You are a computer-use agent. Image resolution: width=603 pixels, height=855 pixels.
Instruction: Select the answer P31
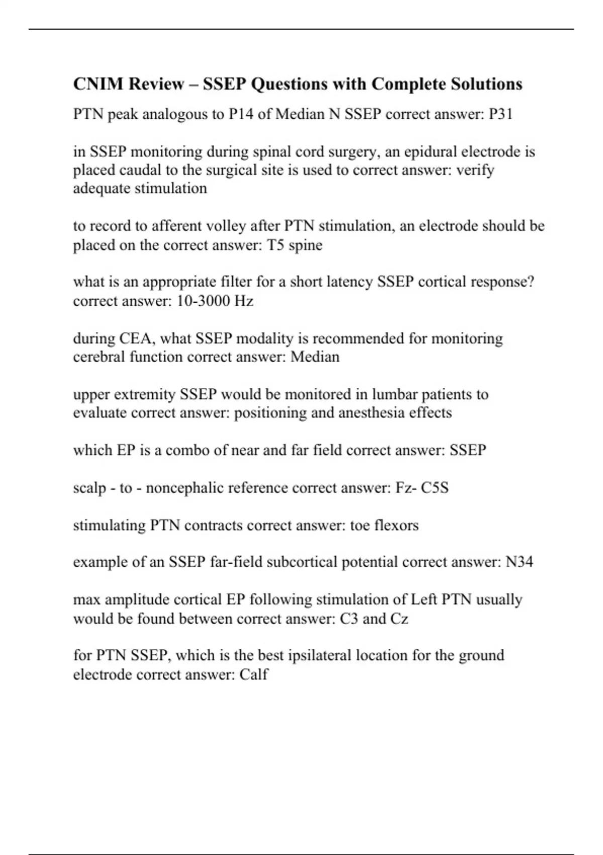[500, 114]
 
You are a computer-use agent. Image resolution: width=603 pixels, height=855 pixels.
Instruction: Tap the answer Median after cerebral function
[315, 357]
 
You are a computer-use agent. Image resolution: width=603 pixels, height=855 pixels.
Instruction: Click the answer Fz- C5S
[422, 487]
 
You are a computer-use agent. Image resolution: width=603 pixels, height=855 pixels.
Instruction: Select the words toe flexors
[384, 525]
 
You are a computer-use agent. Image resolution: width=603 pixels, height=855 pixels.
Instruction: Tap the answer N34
[519, 562]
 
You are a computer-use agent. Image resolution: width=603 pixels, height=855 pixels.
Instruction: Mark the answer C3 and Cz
[374, 618]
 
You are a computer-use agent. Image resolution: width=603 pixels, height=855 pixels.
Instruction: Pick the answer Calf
[254, 674]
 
